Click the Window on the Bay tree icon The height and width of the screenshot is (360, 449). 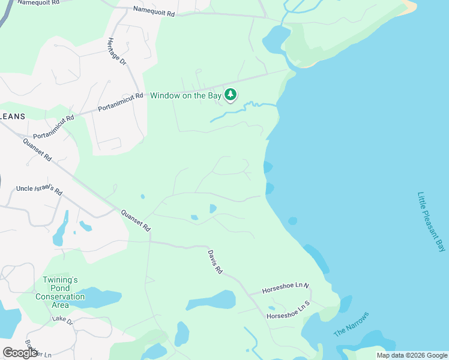[231, 95]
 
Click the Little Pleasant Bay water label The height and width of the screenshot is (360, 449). [432, 222]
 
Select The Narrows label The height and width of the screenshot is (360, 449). [351, 325]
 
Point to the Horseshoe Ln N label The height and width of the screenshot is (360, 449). [285, 289]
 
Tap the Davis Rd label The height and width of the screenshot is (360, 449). [215, 262]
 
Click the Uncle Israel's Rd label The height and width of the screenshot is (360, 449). [40, 190]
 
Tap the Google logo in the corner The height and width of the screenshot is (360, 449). [20, 352]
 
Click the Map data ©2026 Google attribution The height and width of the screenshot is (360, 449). [412, 355]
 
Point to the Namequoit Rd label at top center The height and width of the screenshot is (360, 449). [154, 11]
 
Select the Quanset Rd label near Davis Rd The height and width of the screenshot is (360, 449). [135, 221]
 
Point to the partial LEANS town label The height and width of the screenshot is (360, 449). [13, 116]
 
